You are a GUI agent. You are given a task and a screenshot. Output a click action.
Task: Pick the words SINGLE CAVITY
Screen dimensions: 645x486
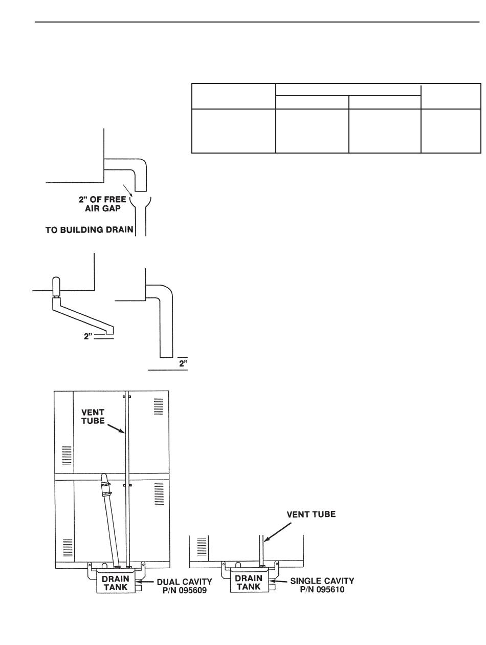(x=322, y=582)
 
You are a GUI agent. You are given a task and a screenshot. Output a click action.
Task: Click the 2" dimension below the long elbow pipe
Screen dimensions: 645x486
(x=183, y=363)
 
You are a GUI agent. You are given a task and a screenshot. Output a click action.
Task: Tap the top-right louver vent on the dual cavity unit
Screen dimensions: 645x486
(x=159, y=405)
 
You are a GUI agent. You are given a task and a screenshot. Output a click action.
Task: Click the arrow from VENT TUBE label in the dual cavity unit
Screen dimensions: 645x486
(x=119, y=427)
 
